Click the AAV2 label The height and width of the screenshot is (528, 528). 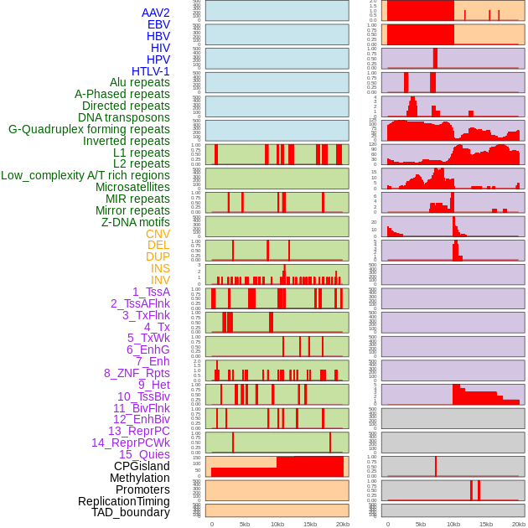[156, 13]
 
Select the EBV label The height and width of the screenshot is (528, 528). [158, 24]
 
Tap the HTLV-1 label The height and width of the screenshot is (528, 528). [151, 71]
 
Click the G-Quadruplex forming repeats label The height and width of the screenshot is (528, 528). [89, 129]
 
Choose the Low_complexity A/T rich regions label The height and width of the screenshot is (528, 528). [85, 175]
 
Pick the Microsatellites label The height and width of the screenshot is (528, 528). [132, 187]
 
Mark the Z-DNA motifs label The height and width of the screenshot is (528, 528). [136, 222]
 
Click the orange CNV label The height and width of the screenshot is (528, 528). [158, 234]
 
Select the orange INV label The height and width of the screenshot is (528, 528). [160, 280]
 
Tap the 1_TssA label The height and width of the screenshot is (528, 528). [151, 292]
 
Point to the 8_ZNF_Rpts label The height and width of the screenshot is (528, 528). [137, 373]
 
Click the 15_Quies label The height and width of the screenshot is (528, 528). [144, 454]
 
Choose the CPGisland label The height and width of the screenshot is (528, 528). [142, 466]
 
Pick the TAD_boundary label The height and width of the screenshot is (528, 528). [131, 512]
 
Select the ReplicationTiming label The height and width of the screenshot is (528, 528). [123, 501]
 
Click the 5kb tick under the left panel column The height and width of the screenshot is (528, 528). [244, 524]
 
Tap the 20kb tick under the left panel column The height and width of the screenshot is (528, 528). [342, 524]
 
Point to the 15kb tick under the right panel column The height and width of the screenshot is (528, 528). [485, 524]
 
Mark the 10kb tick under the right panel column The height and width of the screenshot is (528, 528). [453, 524]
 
